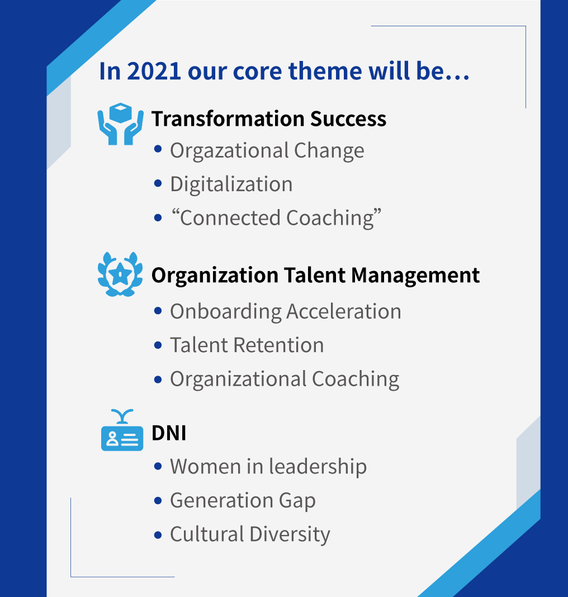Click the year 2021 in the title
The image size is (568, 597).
point(154,71)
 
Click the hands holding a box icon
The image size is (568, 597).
point(120,124)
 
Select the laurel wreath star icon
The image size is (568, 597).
point(120,274)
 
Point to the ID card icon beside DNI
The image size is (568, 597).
point(122,430)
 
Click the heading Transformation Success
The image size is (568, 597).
point(269,119)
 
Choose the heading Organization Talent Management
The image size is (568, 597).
point(316,275)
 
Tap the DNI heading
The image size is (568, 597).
point(169,433)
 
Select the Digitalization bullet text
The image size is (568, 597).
point(231,184)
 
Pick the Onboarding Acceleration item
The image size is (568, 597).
point(286,311)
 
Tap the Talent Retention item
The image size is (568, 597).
point(247,345)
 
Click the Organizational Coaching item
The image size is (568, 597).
point(285,380)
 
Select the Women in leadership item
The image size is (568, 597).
point(268,467)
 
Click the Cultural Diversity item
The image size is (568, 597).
point(250,534)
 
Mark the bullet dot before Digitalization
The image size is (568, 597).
point(158,183)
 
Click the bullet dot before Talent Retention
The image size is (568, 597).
point(158,345)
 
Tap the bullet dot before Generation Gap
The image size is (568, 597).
point(158,500)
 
